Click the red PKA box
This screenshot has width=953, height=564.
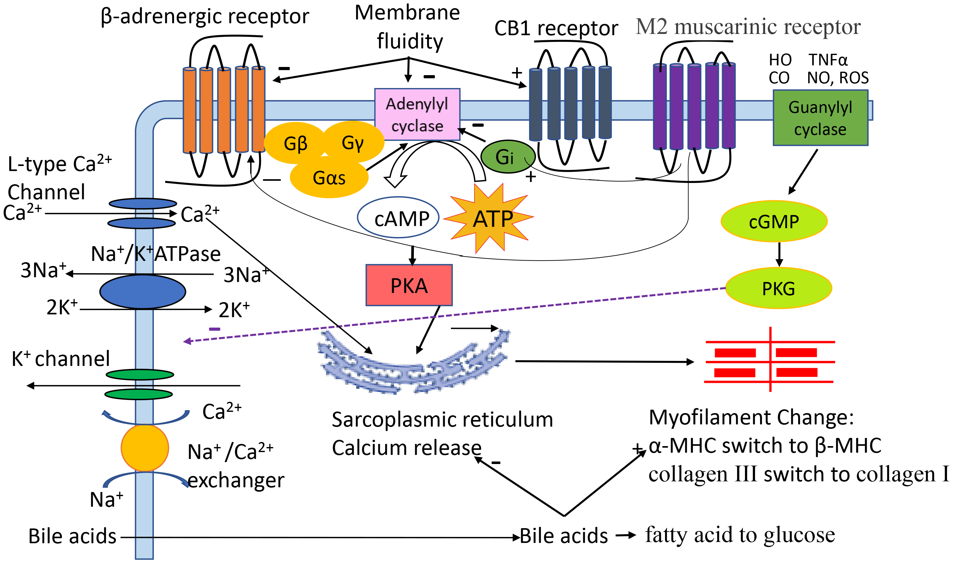click(409, 285)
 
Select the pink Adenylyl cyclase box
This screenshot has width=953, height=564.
click(417, 114)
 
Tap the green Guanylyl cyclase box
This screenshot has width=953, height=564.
click(820, 118)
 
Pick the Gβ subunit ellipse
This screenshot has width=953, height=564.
click(295, 143)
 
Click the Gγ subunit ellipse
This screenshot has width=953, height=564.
click(353, 142)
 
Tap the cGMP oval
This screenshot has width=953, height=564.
click(774, 222)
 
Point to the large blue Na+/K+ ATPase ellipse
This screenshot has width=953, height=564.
click(143, 291)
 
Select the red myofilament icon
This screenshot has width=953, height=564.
click(769, 362)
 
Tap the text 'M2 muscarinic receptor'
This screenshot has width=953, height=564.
click(747, 27)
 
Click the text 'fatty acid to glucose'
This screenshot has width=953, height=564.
click(740, 535)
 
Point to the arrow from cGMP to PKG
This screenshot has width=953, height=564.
click(779, 255)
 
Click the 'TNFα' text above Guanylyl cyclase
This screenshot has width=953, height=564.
click(828, 60)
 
